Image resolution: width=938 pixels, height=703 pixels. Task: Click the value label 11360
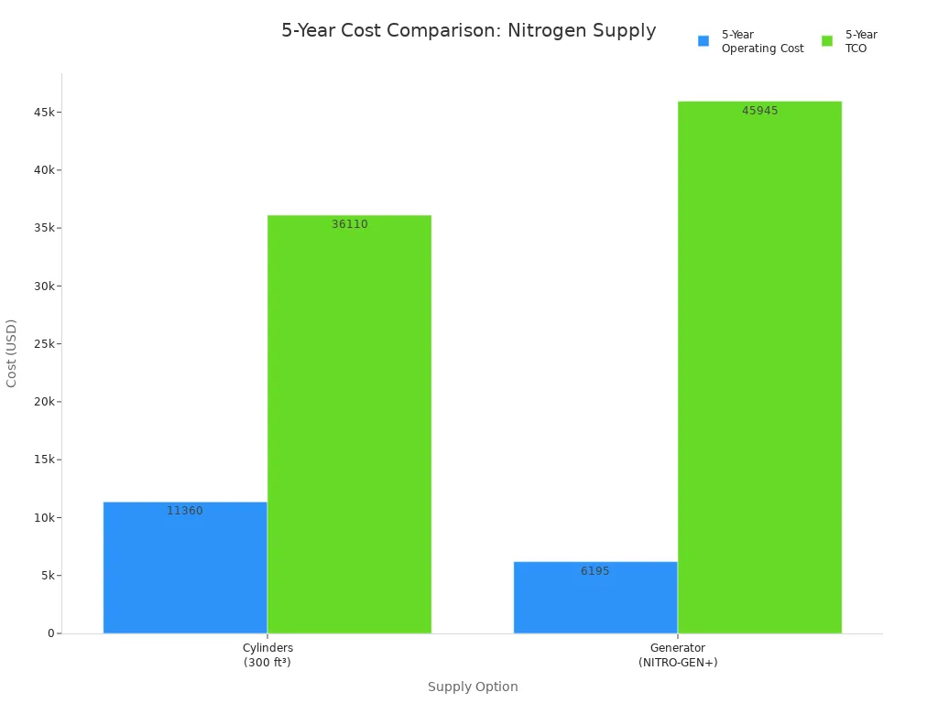185,511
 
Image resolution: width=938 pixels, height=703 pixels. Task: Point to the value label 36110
349,224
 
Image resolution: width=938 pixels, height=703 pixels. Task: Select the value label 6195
595,571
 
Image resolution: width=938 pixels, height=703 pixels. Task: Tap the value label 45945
759,111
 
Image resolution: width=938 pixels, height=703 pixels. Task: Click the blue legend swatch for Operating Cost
703,41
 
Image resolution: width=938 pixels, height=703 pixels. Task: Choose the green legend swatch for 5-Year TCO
827,41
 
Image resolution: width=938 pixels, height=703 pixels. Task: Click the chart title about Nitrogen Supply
468,31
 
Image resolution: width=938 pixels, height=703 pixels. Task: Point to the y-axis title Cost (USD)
12,352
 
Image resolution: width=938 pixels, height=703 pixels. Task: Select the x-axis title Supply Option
473,687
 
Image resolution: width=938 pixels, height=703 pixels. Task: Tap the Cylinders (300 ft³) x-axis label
267,655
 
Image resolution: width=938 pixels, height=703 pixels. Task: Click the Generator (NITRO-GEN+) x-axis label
678,655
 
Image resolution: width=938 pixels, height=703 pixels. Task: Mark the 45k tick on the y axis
44,112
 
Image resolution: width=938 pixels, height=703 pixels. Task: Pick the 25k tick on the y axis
44,343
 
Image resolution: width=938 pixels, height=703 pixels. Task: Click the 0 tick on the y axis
51,633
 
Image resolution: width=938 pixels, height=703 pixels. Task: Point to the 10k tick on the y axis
44,517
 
